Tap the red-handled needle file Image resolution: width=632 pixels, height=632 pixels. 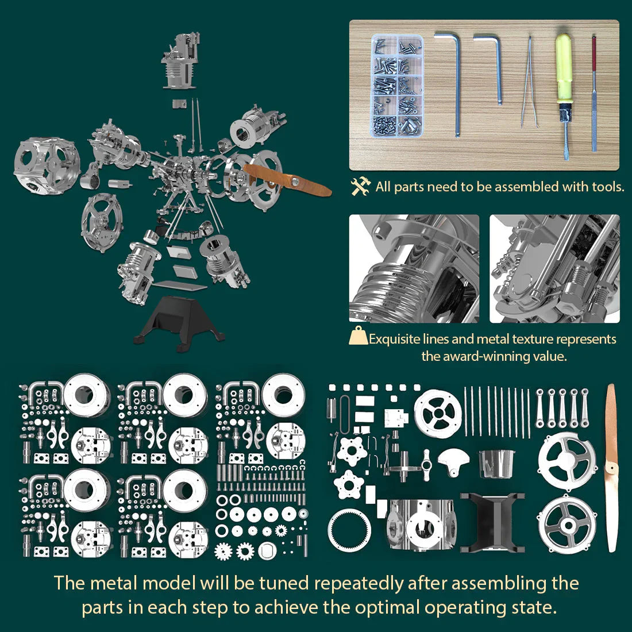pos(594,92)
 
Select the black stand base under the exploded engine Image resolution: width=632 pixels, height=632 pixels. pos(176,322)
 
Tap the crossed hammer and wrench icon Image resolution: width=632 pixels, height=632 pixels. pos(361,187)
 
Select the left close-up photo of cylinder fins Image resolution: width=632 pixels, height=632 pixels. pos(414,268)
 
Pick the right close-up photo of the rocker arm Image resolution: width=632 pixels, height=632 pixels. pos(554,268)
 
